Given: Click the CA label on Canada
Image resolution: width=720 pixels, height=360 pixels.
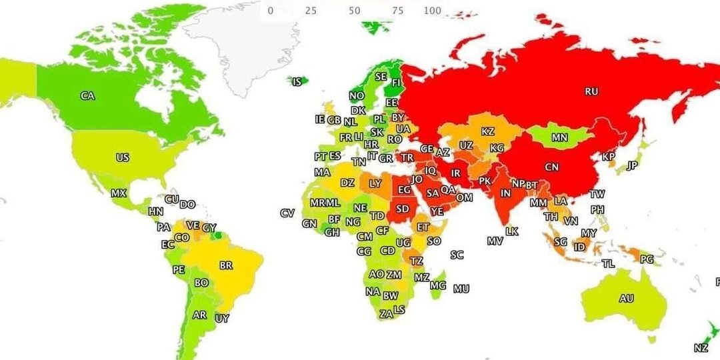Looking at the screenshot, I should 87,96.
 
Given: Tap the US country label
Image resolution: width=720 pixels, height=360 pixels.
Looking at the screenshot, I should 122,158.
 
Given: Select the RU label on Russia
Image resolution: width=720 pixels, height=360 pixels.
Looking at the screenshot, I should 591,91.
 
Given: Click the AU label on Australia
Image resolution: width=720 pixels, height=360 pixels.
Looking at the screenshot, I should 626,299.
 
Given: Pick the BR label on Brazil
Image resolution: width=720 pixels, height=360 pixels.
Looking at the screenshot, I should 226,265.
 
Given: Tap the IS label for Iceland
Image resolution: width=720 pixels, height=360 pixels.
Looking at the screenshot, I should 297,82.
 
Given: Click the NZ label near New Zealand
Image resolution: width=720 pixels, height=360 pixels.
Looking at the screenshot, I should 701,348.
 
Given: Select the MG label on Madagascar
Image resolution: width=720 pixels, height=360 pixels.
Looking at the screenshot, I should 437,285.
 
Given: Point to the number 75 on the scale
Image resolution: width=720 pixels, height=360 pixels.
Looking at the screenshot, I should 399,11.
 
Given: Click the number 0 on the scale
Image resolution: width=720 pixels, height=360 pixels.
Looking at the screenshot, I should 270,11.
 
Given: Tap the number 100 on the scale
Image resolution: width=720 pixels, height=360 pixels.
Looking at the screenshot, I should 432,11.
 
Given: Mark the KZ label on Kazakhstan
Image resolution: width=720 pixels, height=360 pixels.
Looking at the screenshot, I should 487,131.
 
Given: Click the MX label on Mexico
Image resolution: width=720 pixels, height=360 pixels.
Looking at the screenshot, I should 118,193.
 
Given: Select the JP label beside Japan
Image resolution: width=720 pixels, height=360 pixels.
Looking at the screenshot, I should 633,165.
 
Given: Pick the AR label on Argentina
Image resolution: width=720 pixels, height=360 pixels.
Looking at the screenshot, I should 199,315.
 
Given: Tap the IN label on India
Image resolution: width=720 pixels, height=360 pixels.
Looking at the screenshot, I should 506,193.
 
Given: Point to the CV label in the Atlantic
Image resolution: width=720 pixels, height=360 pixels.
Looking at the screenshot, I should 287,213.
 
